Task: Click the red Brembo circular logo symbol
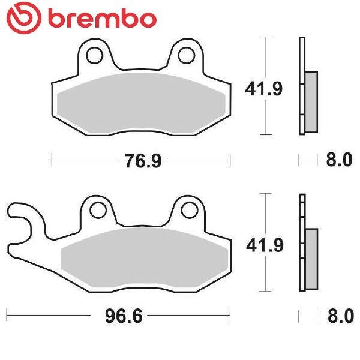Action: tap(24, 17)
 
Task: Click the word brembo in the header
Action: tap(103, 18)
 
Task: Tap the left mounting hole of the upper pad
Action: tap(94, 55)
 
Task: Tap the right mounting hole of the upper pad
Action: tap(187, 55)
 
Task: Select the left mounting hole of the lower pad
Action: tap(98, 210)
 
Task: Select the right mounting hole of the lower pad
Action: tap(190, 210)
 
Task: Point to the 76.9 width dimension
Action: tap(143, 161)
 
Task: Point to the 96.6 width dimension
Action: tap(124, 316)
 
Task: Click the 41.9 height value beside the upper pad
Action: tap(263, 89)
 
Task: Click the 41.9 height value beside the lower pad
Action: tap(265, 245)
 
